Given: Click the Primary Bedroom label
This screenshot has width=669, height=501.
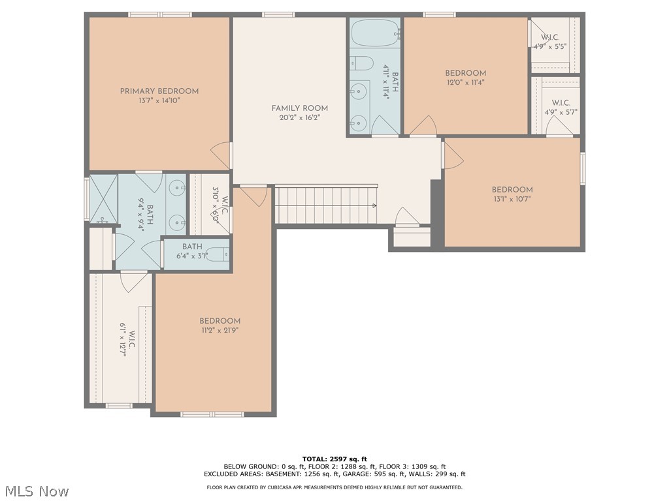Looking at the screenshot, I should pos(159,91).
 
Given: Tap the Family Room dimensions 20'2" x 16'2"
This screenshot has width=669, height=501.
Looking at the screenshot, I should pos(300,118).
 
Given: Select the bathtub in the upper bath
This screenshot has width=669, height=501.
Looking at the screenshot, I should pos(375,32).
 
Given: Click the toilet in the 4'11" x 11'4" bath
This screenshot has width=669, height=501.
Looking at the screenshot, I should pos(361,63).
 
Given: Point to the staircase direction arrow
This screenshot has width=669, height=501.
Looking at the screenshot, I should pos(374,205).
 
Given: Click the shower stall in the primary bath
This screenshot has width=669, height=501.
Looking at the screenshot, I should pos(103,198).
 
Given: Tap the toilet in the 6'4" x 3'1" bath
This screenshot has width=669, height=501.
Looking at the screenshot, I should pos(221,255).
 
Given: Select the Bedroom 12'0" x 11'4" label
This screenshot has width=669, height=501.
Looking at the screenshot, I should pos(465,73).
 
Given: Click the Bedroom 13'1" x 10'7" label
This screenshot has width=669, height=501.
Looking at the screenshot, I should pos(512,190).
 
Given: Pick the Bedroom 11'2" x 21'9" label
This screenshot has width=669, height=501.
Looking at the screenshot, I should pos(220,321).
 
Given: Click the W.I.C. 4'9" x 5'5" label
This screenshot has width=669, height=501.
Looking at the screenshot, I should pos(549,42).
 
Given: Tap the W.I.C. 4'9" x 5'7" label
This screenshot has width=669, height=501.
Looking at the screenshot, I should pos(561,107).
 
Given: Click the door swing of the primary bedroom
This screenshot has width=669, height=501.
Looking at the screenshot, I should pos(221,155).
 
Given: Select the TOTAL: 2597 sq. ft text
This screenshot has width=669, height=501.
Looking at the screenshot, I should pos(334,459).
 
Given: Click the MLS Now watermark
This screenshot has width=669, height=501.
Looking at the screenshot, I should pos(37,491).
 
